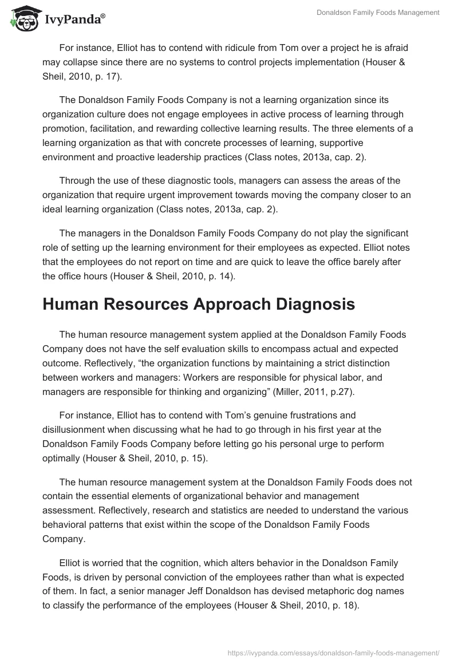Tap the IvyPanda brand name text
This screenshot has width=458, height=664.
coord(73,20)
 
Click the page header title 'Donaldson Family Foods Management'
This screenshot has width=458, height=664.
coord(378,13)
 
